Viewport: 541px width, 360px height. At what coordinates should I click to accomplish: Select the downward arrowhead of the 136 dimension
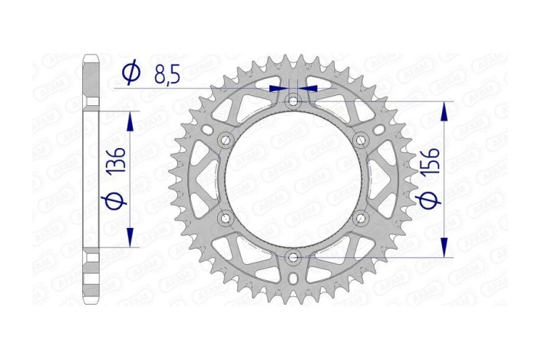point(130,238)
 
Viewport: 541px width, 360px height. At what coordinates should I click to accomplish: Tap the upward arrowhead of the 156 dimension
point(444,111)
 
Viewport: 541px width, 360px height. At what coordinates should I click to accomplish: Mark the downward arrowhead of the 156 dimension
point(444,247)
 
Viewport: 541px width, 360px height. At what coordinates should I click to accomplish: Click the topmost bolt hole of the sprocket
point(293,101)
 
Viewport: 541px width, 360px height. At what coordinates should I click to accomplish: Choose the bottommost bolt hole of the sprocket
point(293,257)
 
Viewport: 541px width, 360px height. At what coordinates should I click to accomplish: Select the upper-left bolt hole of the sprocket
point(226,140)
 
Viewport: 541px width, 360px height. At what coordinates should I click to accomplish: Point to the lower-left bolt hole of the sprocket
point(226,218)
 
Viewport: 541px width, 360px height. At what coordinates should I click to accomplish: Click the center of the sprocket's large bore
point(293,180)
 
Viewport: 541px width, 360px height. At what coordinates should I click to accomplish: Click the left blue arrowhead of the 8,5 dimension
point(278,89)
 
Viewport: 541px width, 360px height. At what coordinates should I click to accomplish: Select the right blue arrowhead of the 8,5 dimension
point(308,89)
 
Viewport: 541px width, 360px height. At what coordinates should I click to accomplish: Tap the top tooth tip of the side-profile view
point(91,56)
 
